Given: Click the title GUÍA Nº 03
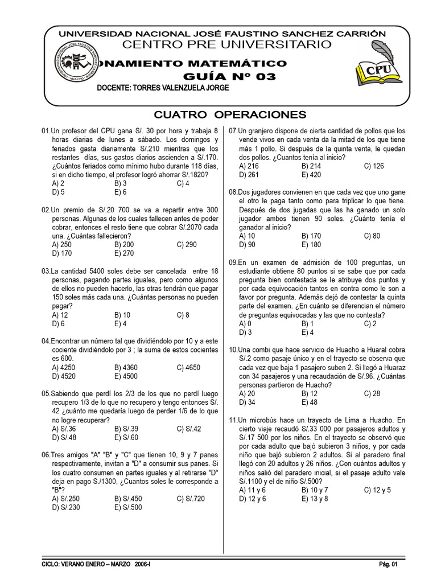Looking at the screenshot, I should [229, 77].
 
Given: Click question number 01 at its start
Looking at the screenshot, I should [46, 131].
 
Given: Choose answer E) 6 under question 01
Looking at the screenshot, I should [120, 192].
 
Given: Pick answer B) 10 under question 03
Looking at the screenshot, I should [122, 314].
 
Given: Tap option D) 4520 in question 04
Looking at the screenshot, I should [63, 376].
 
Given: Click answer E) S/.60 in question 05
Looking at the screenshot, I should [126, 437].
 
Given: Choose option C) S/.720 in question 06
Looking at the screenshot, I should [191, 499].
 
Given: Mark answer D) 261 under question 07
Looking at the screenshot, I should [249, 174].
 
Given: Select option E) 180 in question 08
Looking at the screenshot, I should [311, 244].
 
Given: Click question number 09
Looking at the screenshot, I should [233, 262].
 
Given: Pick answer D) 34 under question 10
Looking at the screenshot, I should [248, 402].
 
